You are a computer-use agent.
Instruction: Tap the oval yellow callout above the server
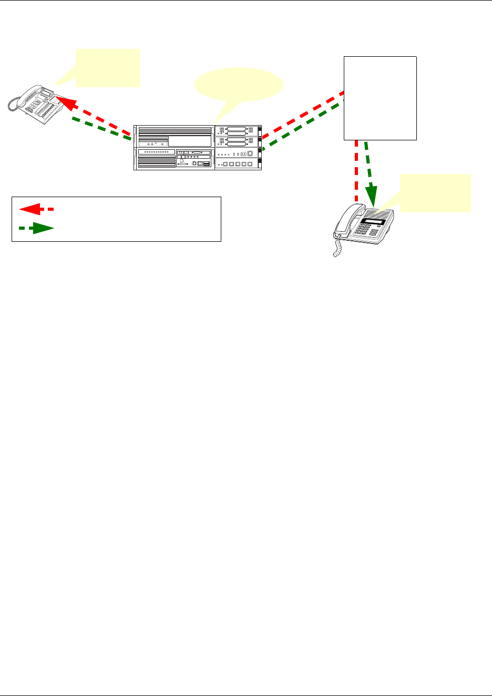pyautogui.click(x=239, y=85)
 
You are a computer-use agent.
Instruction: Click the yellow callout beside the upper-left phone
pyautogui.click(x=107, y=68)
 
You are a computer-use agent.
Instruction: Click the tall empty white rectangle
pyautogui.click(x=380, y=98)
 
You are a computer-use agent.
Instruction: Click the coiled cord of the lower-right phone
pyautogui.click(x=336, y=246)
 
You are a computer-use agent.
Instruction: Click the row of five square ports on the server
pyautogui.click(x=237, y=165)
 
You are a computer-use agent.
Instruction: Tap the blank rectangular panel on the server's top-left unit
pyautogui.click(x=189, y=141)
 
